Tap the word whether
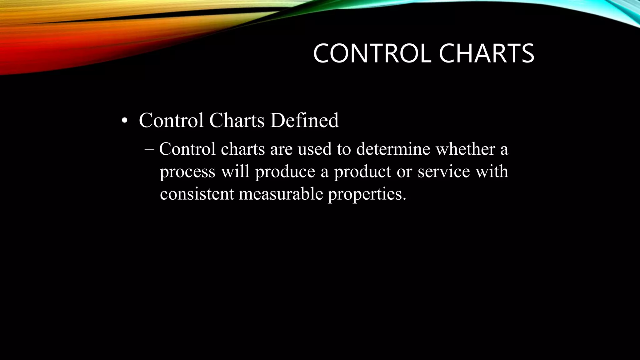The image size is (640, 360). (466, 149)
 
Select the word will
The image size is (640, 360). (235, 171)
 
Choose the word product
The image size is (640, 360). (362, 172)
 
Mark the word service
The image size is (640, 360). (444, 172)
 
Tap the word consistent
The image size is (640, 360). (197, 194)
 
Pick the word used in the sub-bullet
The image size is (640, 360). (314, 149)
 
